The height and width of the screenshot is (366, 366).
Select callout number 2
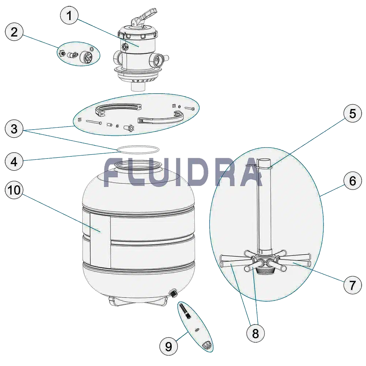(14, 31)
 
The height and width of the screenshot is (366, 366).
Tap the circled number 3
(14, 128)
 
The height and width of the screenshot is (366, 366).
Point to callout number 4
(14, 161)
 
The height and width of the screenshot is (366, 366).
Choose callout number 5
(352, 114)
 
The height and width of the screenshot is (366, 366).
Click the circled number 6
(352, 180)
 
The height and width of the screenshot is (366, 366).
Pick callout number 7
(352, 284)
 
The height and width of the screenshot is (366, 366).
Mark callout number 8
(255, 333)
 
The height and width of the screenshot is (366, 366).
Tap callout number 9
(168, 346)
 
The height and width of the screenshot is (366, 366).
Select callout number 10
(14, 190)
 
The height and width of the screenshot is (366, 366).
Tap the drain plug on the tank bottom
(173, 293)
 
